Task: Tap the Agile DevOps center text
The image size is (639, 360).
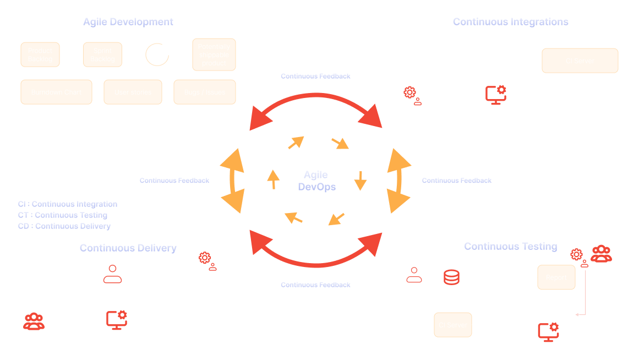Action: (316, 181)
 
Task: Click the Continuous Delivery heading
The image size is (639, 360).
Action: (128, 248)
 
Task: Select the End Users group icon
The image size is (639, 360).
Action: (34, 321)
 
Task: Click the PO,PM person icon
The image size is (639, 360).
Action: (112, 272)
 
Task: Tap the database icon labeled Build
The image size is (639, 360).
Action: (451, 276)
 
